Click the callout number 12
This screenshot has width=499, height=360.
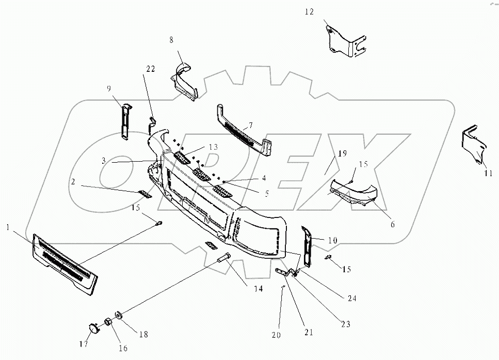click(x=309, y=11)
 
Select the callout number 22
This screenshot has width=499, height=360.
click(x=150, y=69)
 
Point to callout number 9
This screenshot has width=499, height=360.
click(x=109, y=88)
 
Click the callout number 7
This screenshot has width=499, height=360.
click(x=251, y=126)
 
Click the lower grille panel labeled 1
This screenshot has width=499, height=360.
click(x=65, y=263)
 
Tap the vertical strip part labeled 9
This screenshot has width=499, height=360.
click(x=125, y=121)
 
